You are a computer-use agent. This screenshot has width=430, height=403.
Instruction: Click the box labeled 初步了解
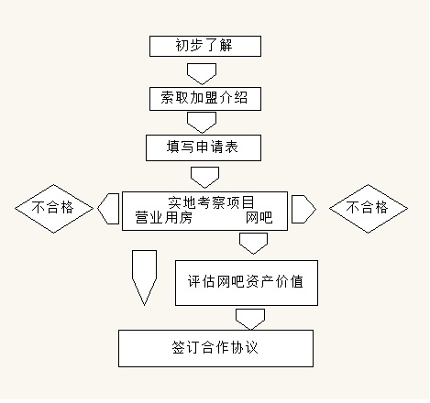point(204,46)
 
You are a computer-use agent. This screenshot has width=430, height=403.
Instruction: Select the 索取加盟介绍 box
point(204,96)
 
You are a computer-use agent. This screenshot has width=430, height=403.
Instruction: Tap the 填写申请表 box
point(204,147)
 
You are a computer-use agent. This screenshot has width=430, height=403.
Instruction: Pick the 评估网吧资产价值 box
point(247,284)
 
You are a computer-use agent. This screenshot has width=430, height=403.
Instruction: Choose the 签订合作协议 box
point(215,348)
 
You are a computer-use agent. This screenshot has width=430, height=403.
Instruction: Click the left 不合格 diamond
point(55,208)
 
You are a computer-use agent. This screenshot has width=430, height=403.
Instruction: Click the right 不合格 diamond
point(369,208)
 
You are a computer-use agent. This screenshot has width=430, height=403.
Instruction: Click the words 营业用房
point(163,218)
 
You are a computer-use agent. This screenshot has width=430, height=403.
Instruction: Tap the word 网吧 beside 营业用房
point(259,218)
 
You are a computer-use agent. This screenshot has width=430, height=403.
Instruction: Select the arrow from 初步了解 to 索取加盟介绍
point(201,71)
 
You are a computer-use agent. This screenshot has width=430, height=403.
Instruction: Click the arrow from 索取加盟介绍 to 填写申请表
point(201,121)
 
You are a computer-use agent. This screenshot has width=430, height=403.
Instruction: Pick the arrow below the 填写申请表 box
point(204,174)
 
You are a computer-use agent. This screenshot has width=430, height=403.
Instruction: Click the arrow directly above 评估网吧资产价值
point(253,242)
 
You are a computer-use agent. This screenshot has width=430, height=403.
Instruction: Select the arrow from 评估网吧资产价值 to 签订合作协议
point(250,317)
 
